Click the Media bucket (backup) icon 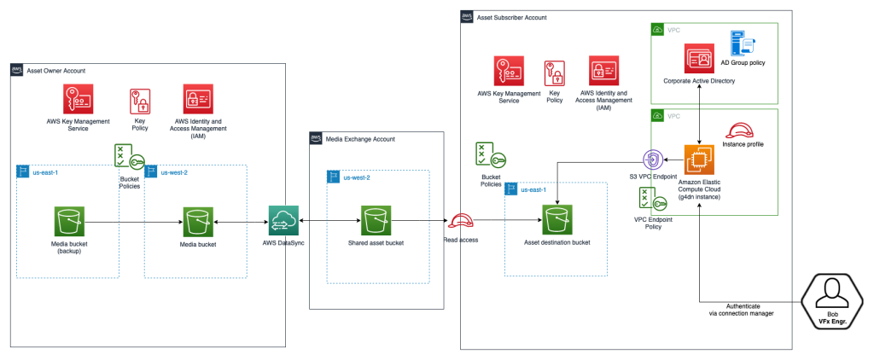[68, 222]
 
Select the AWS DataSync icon [282, 222]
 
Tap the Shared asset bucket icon [376, 221]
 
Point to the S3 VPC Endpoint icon [653, 160]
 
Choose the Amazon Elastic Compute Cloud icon [699, 160]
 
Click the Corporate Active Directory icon [699, 59]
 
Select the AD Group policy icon [738, 44]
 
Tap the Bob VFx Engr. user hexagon [832, 299]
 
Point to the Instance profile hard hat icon [737, 130]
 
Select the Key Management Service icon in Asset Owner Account [78, 100]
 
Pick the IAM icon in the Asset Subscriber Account [603, 72]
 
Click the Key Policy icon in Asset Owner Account [139, 102]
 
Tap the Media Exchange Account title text [360, 139]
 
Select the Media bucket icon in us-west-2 [196, 222]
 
